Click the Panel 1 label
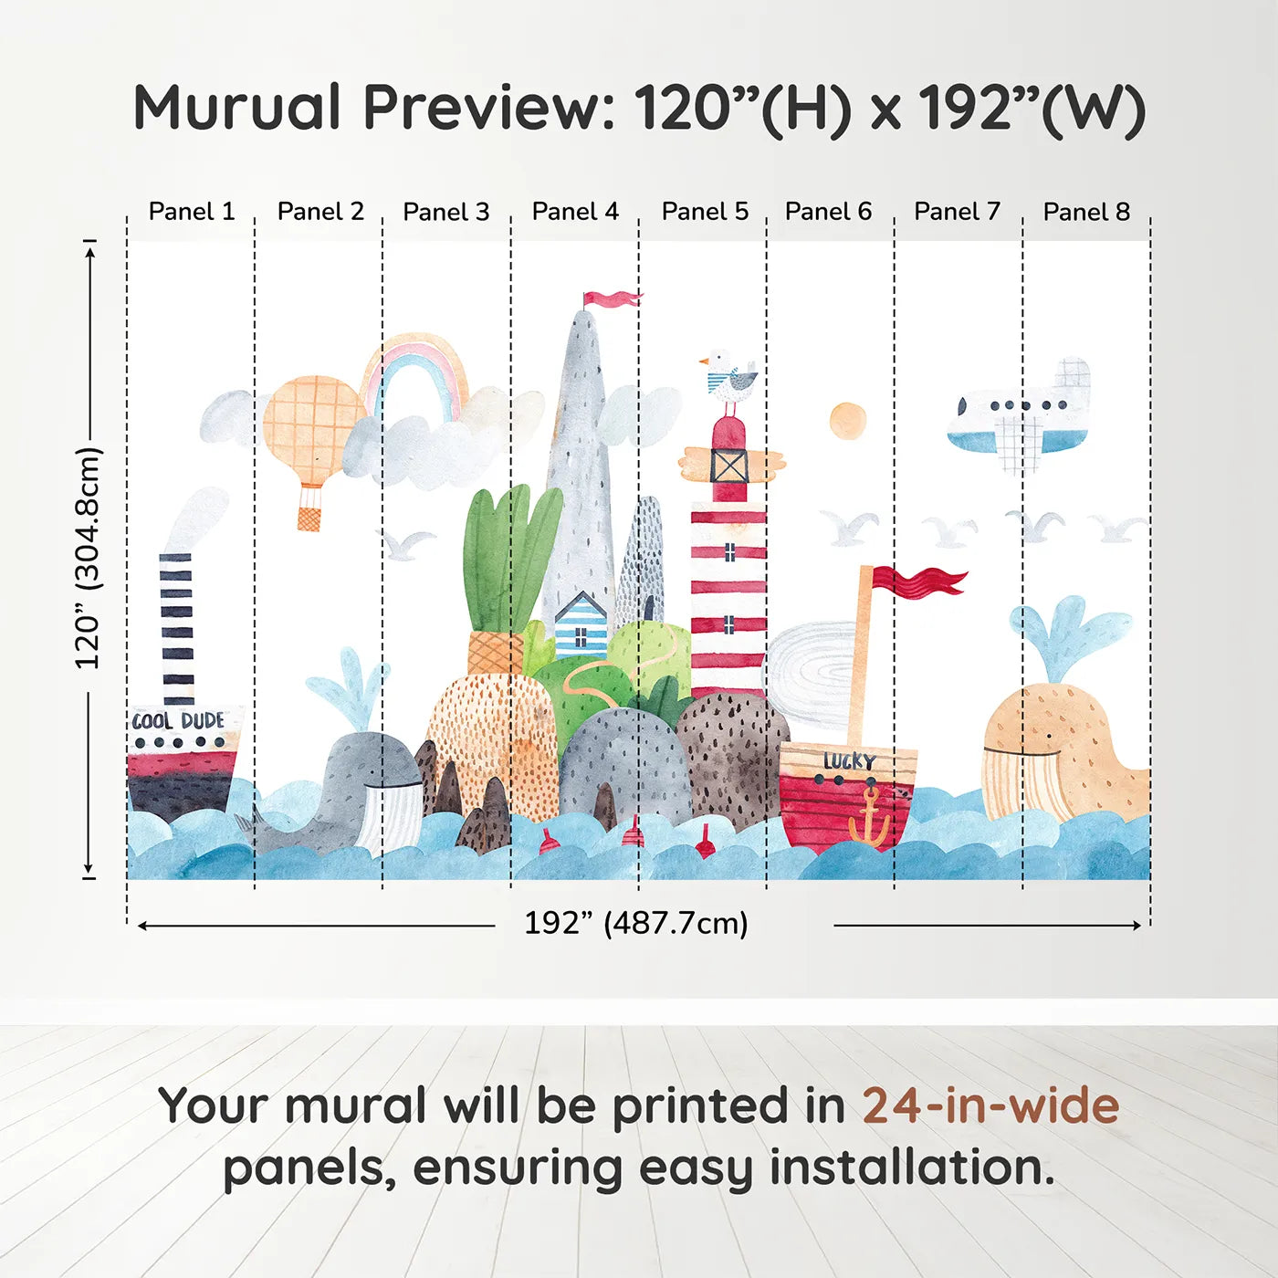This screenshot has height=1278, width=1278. click(x=192, y=212)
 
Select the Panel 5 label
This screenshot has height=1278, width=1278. click(x=705, y=212)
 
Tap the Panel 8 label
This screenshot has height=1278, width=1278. click(x=1086, y=212)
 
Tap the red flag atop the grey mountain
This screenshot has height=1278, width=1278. click(x=612, y=299)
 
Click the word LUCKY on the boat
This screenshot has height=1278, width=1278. click(x=850, y=760)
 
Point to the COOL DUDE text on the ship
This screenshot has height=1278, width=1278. click(x=178, y=721)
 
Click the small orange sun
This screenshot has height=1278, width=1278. click(x=847, y=421)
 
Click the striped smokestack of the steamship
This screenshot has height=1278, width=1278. click(x=177, y=629)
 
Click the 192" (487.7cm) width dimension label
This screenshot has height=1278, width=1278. click(x=636, y=923)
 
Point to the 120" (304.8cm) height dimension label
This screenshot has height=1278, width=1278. click(x=88, y=558)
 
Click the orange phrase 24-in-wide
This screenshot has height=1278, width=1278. click(x=990, y=1105)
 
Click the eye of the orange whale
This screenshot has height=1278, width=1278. click(x=1049, y=736)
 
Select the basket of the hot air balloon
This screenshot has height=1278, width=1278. click(x=308, y=519)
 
